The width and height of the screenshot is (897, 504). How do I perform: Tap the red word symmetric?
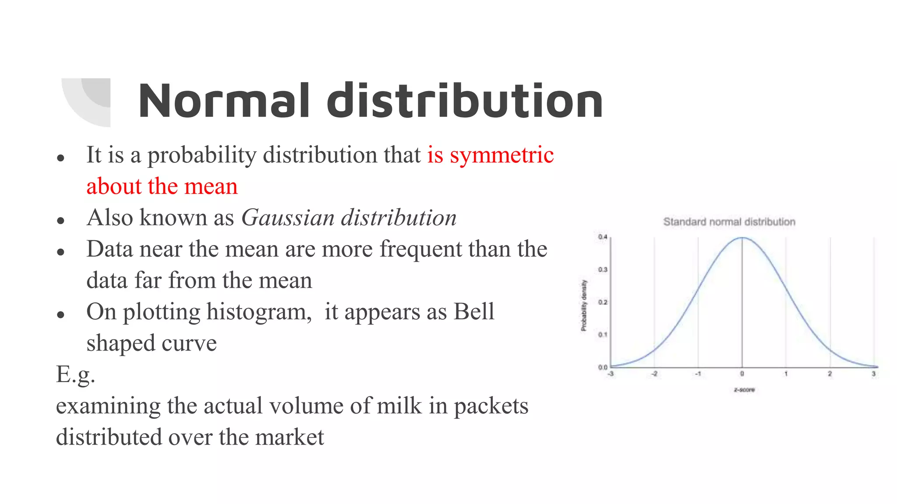pos(501,155)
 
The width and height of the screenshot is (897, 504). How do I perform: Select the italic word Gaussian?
pos(288,218)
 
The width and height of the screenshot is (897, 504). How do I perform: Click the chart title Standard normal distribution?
pos(729,222)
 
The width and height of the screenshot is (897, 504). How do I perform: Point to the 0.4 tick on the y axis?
pos(603,237)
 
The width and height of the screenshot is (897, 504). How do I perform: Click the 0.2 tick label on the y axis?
pos(603,302)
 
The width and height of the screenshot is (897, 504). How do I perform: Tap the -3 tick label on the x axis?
pos(611,374)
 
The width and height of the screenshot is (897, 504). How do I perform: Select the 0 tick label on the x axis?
pos(742,374)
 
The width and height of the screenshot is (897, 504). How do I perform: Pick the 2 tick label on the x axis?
pos(830,374)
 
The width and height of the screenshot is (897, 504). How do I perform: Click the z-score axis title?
pos(744,390)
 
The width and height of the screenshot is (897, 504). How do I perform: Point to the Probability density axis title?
pos(584,305)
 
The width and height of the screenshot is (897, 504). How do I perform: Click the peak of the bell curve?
pos(742,238)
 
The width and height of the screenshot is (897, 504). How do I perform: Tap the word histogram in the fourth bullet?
pos(259,312)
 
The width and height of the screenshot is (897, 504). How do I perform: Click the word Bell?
pos(474,312)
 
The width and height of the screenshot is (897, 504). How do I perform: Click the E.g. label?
pos(75,375)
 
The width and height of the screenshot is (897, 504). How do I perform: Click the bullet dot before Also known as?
pos(61,220)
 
